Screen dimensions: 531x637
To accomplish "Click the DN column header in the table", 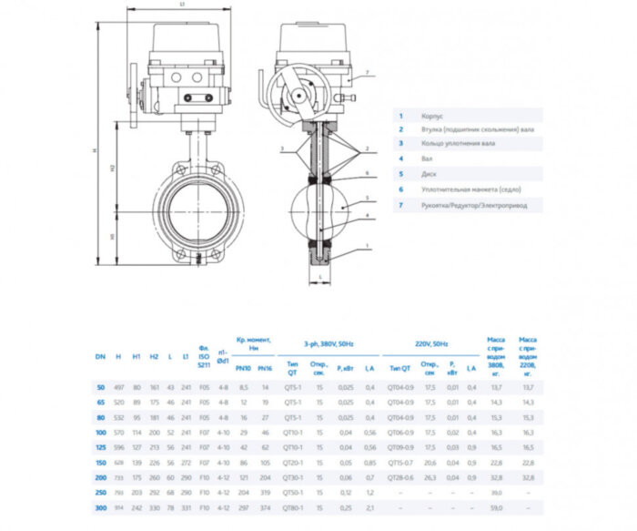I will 100,357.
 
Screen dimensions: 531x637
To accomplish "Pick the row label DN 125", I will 100,446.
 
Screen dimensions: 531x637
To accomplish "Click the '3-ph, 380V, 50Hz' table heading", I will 329,343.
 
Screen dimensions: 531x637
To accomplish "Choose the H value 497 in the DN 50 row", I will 118,387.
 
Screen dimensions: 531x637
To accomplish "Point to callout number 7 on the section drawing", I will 367,72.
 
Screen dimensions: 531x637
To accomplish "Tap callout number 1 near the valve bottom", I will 366,246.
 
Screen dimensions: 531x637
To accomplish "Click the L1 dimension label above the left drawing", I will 182,5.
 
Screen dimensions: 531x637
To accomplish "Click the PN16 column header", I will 264,368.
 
